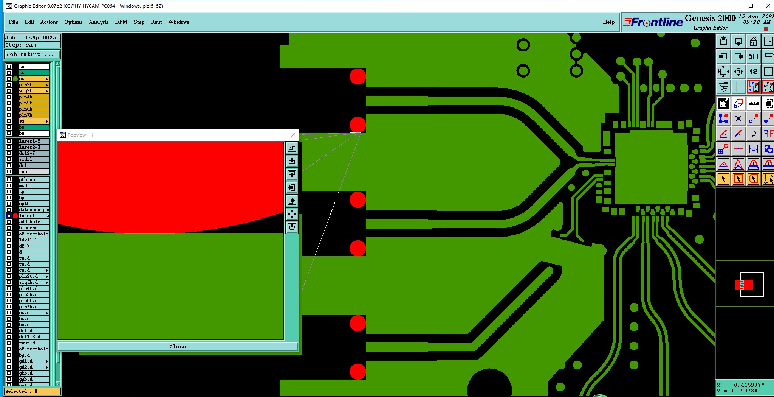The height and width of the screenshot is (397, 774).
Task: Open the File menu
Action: [13, 22]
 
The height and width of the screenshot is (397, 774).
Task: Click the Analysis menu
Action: [99, 22]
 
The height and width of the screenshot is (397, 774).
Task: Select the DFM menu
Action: [121, 22]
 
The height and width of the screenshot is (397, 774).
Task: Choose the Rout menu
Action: [156, 22]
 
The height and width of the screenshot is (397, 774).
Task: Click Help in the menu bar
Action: [608, 22]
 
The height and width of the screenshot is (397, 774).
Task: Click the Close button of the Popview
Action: [177, 346]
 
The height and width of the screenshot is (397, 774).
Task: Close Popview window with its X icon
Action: [293, 135]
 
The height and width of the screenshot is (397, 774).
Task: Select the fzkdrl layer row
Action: [33, 216]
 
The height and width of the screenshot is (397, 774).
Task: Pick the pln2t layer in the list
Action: [33, 85]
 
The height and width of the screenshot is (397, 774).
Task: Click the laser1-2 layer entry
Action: [33, 141]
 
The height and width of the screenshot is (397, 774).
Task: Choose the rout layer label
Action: [33, 171]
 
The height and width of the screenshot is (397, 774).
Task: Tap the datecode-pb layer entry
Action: [33, 210]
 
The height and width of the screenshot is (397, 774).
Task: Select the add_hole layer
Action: [33, 222]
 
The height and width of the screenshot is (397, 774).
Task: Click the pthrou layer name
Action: [33, 179]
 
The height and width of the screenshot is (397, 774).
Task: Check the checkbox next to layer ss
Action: [9, 121]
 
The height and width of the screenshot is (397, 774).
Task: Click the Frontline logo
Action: [653, 22]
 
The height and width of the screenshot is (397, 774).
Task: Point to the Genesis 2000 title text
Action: [710, 18]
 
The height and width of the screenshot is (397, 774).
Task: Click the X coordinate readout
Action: [740, 385]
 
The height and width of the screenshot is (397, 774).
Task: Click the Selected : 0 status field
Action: [32, 391]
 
